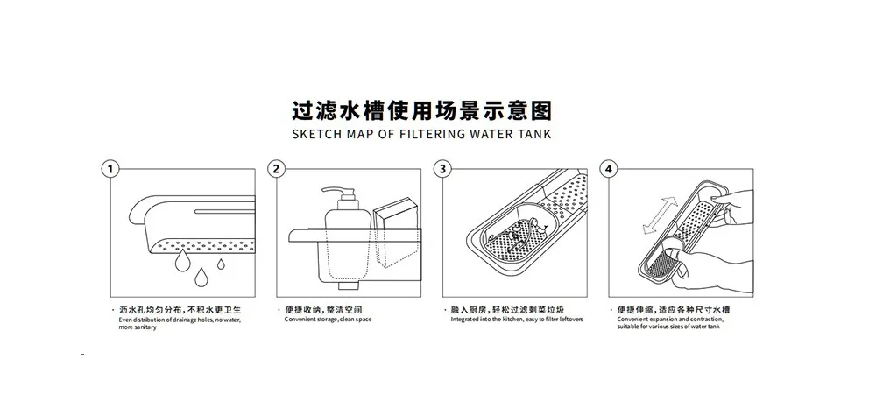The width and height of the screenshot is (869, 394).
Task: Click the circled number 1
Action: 109,169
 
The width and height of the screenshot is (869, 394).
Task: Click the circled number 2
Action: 277,169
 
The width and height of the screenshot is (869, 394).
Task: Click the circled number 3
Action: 443,169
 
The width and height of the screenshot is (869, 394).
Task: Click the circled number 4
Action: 610,169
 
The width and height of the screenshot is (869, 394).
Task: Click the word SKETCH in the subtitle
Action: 317,136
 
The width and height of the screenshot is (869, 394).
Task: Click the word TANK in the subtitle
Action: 532,136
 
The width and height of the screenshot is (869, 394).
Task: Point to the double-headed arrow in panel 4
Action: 661,215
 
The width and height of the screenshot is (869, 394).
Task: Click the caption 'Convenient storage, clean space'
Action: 328,320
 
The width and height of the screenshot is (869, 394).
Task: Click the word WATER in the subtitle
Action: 486,136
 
